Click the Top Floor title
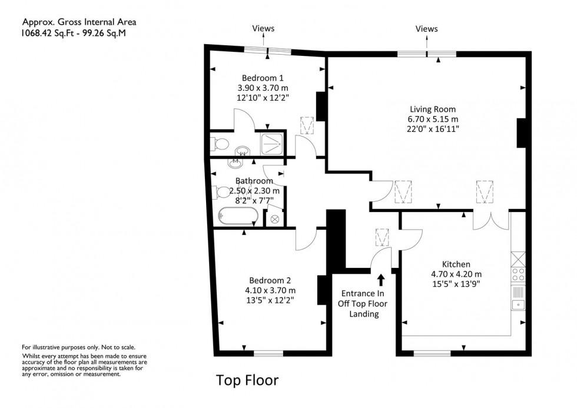pos(247,380)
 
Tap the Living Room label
pos(433,109)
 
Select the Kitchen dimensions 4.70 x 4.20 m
pos(456,274)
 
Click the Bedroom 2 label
pos(270,280)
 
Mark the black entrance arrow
pos(380,279)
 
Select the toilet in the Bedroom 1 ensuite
pos(220,144)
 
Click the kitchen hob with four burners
pos(519,274)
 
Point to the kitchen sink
pos(519,304)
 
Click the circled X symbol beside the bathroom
pos(274,218)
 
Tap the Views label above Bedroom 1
pos(263,28)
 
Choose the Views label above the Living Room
pos(426,28)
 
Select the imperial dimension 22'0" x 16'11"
pos(433,128)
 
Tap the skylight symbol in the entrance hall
pos(382,237)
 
